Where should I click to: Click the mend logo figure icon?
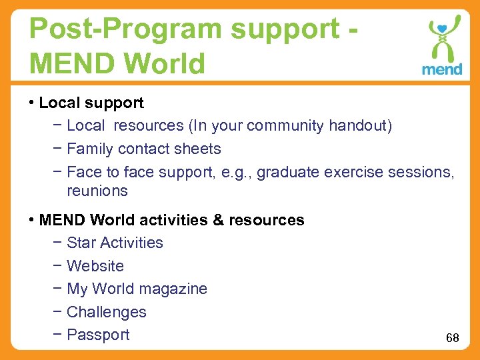(441, 39)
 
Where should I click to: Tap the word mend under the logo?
(441, 69)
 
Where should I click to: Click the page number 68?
(453, 338)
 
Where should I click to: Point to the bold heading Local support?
(91, 103)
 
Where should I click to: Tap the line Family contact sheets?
(144, 149)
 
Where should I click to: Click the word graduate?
(288, 172)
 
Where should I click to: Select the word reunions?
(97, 191)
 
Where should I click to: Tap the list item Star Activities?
(115, 243)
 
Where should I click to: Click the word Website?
(95, 266)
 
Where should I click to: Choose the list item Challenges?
(107, 312)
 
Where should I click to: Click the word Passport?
(98, 335)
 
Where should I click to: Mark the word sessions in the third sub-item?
(419, 172)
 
